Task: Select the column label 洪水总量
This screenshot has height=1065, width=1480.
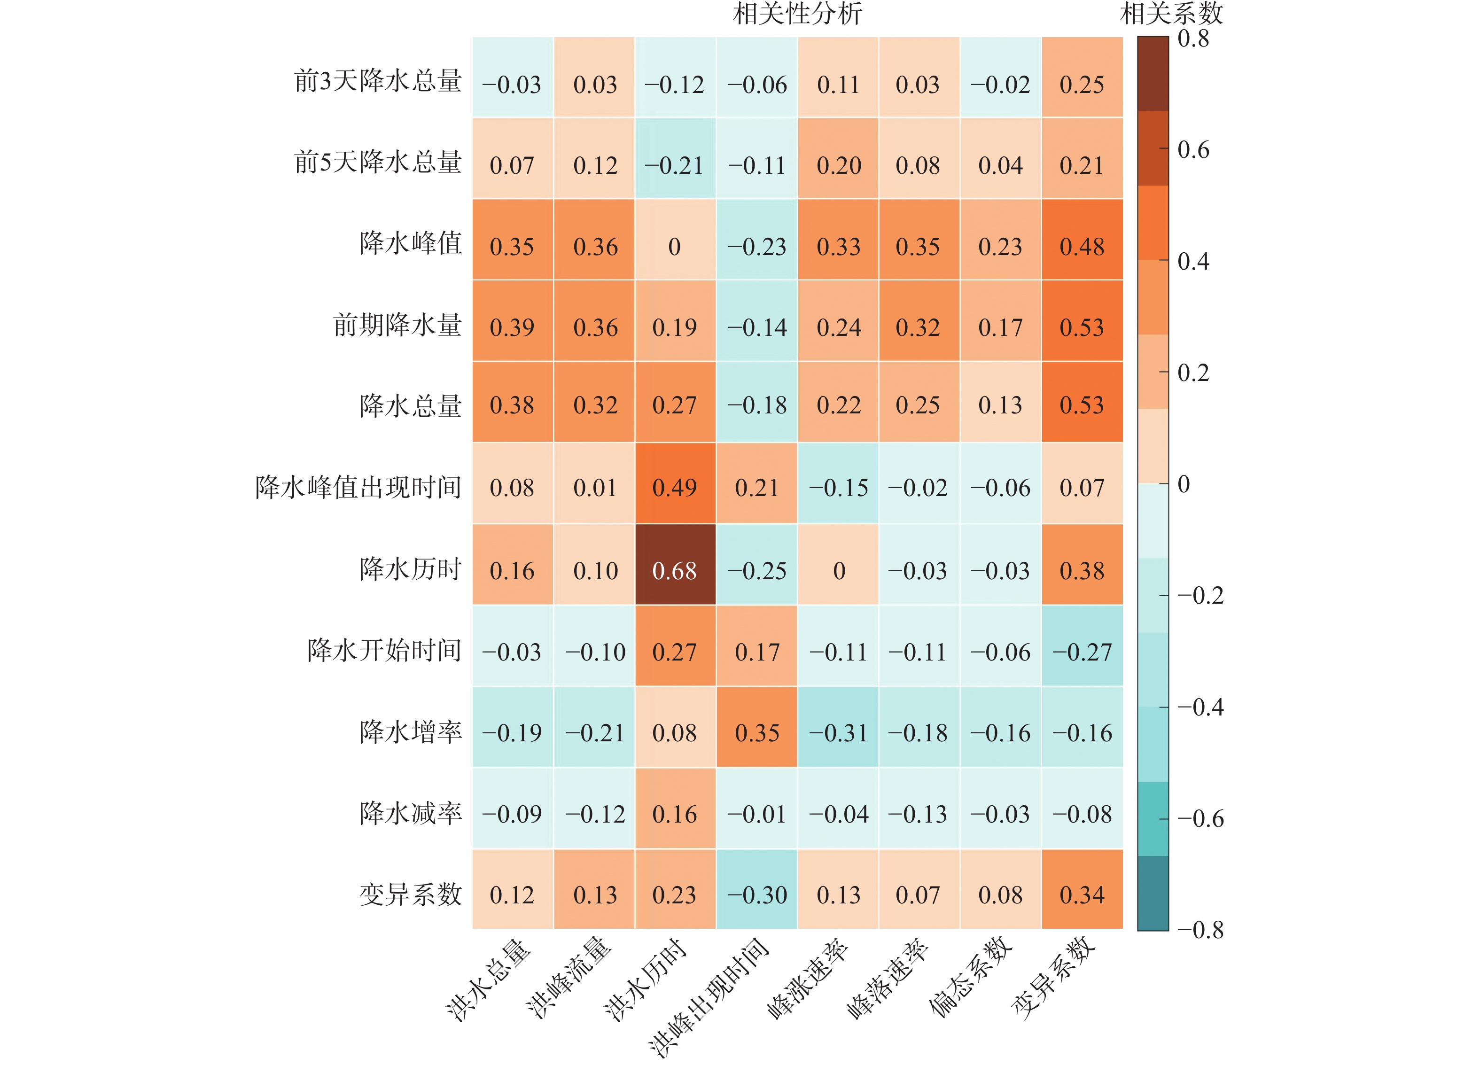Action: [490, 979]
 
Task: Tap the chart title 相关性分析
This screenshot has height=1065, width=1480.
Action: [797, 13]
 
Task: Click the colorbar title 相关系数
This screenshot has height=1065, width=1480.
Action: [1171, 13]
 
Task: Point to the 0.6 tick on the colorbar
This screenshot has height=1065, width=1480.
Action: [1192, 149]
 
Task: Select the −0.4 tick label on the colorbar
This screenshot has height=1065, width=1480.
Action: [1200, 707]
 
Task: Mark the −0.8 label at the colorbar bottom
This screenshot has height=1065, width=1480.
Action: [1200, 929]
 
